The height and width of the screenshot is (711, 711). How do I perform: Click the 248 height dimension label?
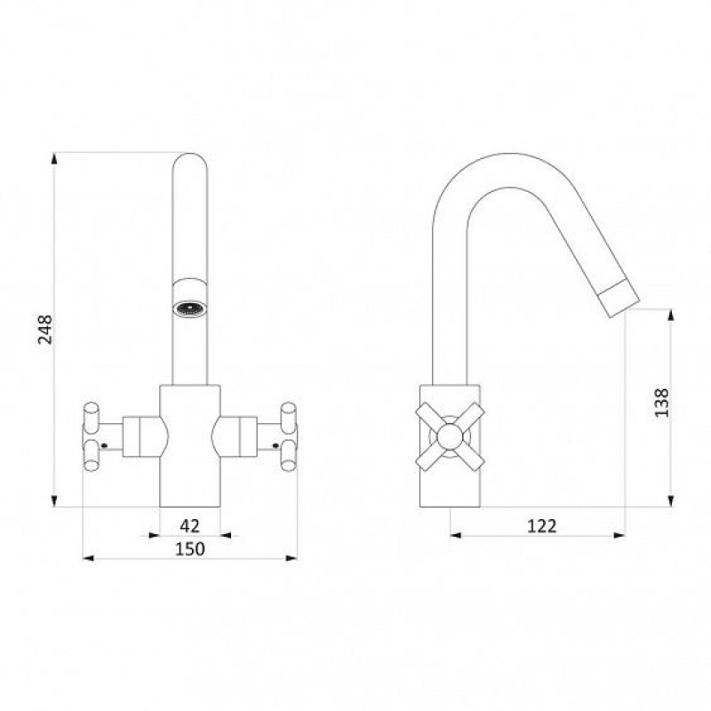45,329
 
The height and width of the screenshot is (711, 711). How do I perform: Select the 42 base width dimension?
189,526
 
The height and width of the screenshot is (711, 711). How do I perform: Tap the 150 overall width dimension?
190,549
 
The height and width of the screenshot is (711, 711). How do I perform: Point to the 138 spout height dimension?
661,403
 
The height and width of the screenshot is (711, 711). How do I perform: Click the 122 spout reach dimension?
541,526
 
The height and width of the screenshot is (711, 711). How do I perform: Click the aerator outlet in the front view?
189,309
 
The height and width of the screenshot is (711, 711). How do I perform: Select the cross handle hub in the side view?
451,436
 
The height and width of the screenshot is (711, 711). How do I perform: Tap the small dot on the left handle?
104,446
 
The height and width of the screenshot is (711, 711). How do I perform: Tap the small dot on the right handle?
276,446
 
